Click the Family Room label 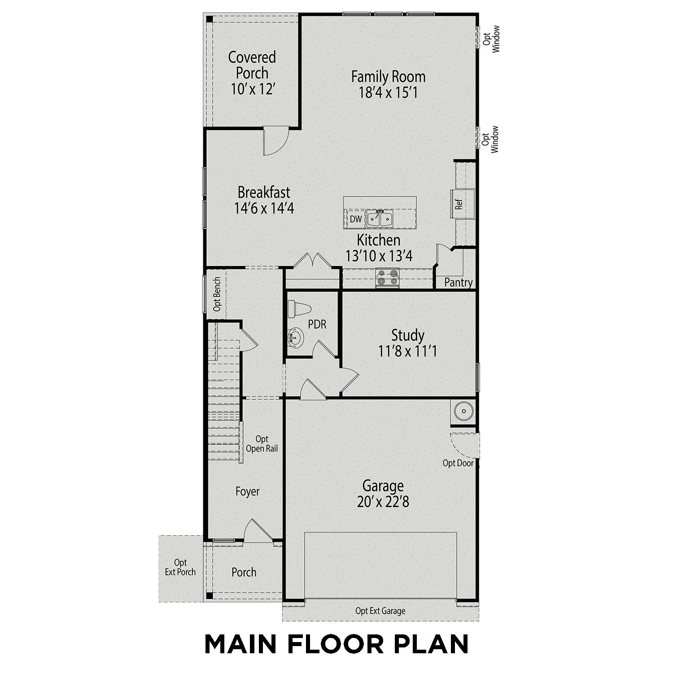pyautogui.click(x=388, y=77)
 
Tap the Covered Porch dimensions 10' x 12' pyautogui.click(x=253, y=89)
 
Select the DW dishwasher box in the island pyautogui.click(x=355, y=219)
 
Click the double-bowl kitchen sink pyautogui.click(x=380, y=219)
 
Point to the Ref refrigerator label pyautogui.click(x=459, y=205)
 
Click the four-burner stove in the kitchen pyautogui.click(x=387, y=277)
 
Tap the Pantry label pyautogui.click(x=458, y=283)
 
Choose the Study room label pyautogui.click(x=407, y=335)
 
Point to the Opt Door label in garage pyautogui.click(x=458, y=463)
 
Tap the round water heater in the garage pyautogui.click(x=463, y=411)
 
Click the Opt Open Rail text pyautogui.click(x=262, y=444)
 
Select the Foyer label pyautogui.click(x=247, y=492)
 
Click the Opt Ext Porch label pyautogui.click(x=180, y=567)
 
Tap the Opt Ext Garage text pyautogui.click(x=380, y=611)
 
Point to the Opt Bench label pyautogui.click(x=217, y=294)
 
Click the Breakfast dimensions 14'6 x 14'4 pyautogui.click(x=264, y=209)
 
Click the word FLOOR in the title pyautogui.click(x=336, y=645)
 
